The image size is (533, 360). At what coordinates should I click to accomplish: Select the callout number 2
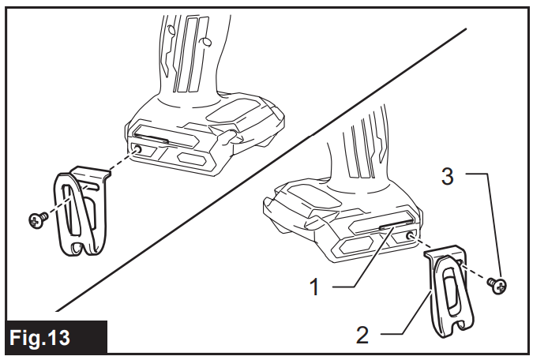click(x=362, y=334)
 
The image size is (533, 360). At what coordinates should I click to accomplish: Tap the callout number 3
click(x=447, y=177)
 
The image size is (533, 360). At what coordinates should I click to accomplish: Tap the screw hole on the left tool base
click(x=138, y=149)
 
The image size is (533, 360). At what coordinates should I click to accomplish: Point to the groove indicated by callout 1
click(x=391, y=227)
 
